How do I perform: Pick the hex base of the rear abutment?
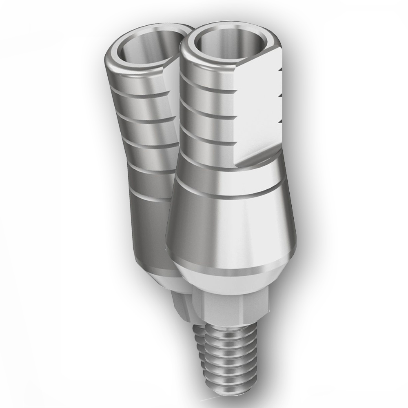pos(182,306)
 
